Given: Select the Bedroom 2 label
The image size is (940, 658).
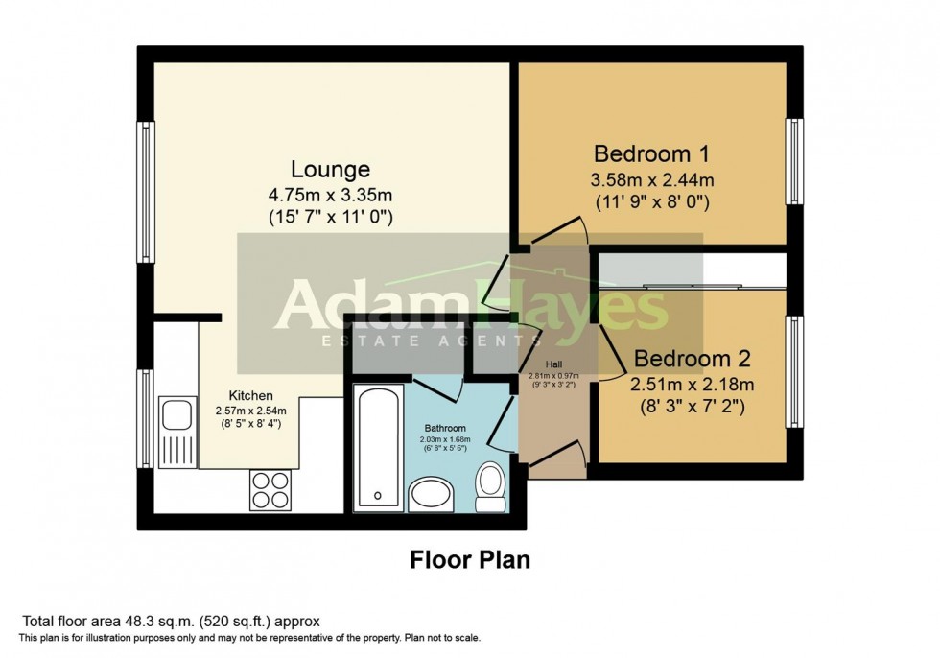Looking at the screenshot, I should tap(692, 360).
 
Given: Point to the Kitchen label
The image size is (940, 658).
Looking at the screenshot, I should tap(250, 395).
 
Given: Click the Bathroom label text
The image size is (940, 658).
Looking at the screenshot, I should tap(446, 428).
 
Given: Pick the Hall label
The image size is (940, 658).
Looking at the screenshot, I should tap(554, 364).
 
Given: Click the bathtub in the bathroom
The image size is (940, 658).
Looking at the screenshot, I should tap(377, 447).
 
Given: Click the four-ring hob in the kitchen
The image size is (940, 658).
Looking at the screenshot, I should tap(270, 490).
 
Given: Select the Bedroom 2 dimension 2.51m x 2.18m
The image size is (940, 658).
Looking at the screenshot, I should tap(692, 385).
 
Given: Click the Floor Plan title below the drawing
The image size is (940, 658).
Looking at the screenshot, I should tap(470, 559).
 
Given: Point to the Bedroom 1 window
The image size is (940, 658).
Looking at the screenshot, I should tap(793, 161).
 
